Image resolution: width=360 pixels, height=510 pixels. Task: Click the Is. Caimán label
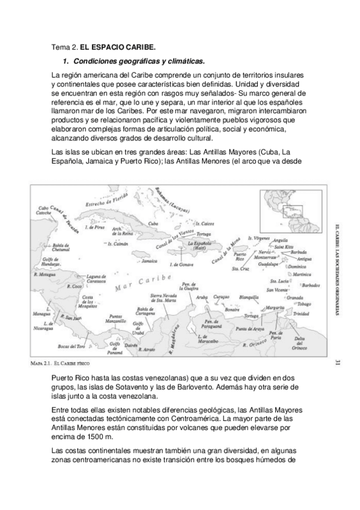pyautogui.click(x=118, y=244)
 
